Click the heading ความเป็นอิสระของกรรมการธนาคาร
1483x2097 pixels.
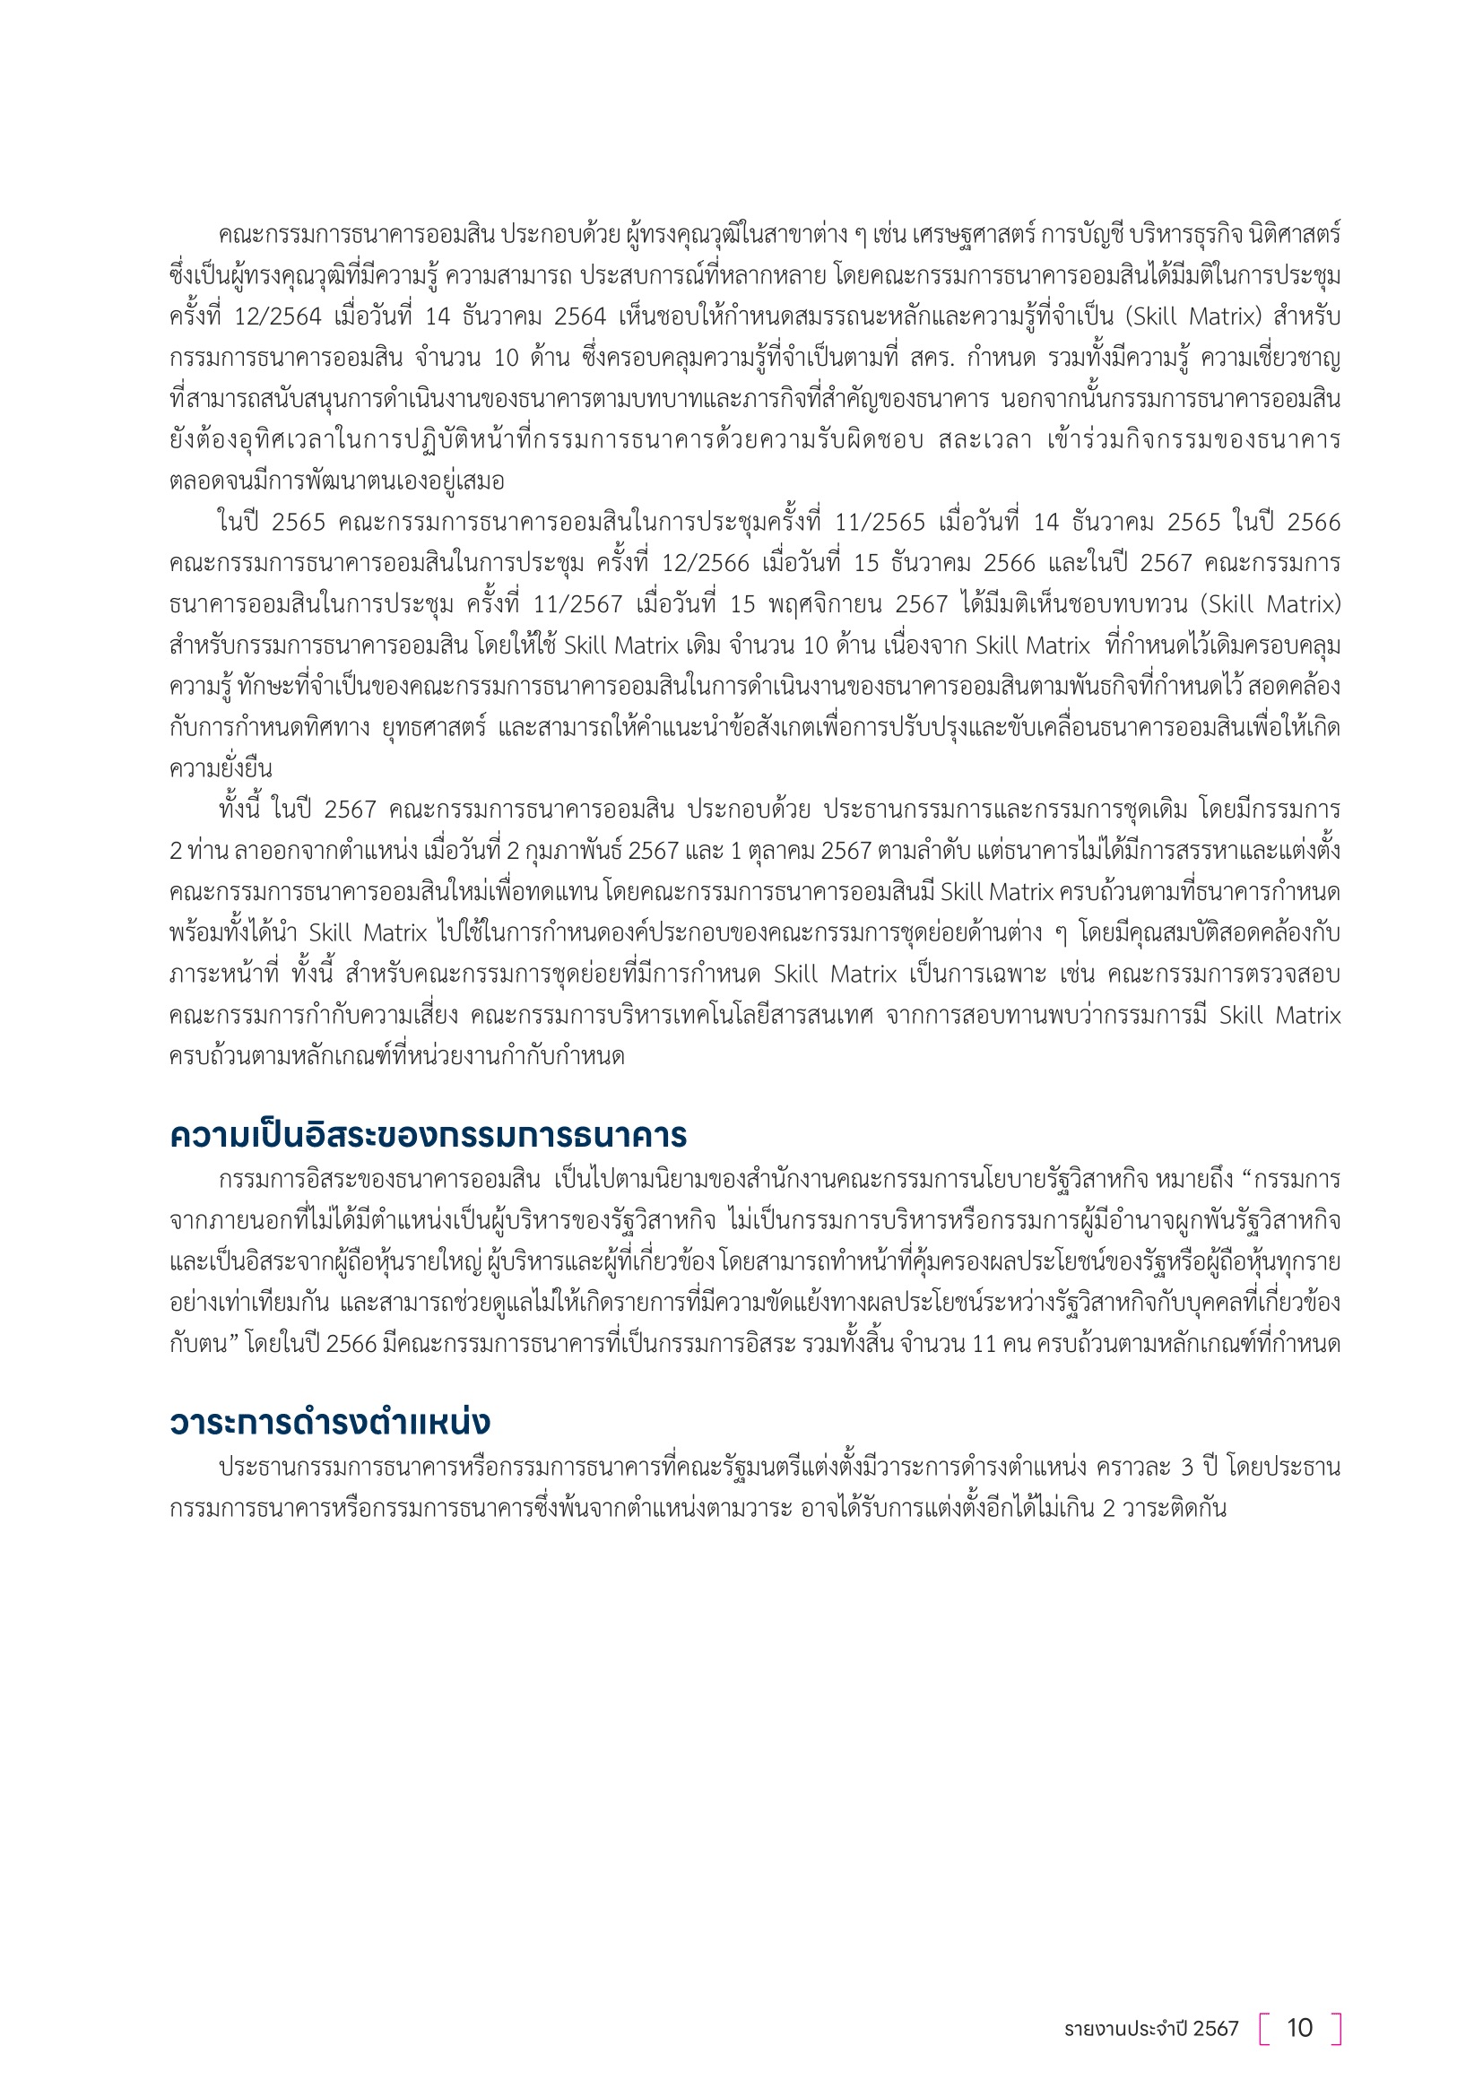click(x=429, y=1136)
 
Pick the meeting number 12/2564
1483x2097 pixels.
click(x=278, y=316)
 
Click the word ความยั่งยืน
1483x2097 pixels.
click(x=221, y=769)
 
